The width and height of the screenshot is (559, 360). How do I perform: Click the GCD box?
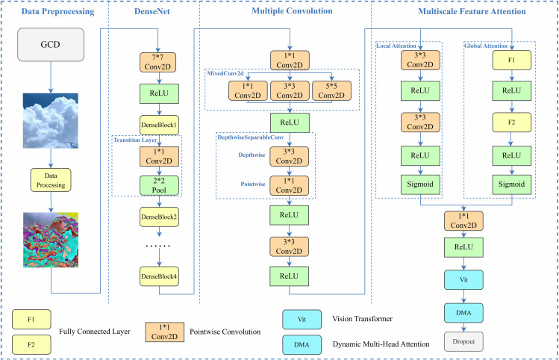tap(51, 45)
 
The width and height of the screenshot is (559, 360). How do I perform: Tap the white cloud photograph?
tap(51, 120)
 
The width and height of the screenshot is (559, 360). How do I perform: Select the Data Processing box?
tap(51, 180)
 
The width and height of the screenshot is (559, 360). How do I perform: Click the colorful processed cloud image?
tap(51, 240)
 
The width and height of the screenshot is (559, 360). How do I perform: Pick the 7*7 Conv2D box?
tap(157, 63)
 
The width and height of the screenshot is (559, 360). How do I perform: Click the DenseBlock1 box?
tap(159, 125)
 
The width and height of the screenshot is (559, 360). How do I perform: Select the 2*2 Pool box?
tap(159, 185)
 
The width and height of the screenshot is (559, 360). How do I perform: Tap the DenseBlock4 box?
tap(159, 276)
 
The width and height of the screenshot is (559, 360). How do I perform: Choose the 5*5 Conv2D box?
tap(331, 90)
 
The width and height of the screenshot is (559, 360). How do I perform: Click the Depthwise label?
tap(252, 155)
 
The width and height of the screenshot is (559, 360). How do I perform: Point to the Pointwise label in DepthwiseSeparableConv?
tap(253, 184)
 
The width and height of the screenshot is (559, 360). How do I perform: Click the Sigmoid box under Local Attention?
tap(420, 184)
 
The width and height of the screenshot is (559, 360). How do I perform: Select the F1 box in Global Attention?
tap(511, 60)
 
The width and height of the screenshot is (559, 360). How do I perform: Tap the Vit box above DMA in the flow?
tap(463, 280)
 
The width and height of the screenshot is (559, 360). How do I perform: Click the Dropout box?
tap(463, 342)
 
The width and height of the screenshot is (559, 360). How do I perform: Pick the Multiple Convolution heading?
tap(292, 11)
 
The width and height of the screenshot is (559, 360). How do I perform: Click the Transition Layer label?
tap(135, 140)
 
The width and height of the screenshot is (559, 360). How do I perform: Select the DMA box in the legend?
tap(302, 344)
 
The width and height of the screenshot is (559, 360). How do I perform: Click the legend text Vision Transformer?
tap(362, 319)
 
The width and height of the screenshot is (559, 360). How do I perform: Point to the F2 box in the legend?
tap(31, 344)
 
